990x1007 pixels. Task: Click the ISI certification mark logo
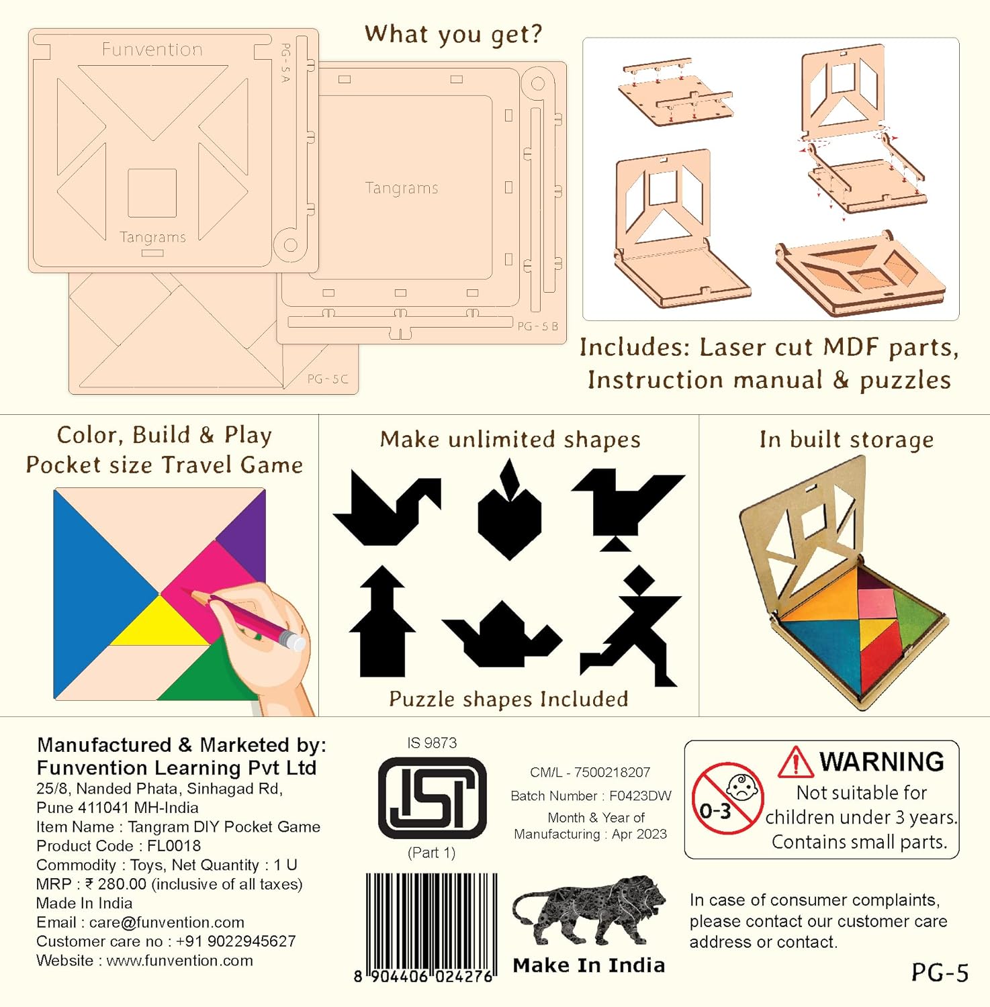[x=432, y=798]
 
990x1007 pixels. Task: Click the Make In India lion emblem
[x=589, y=913]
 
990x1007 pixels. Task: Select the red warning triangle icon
[x=796, y=762]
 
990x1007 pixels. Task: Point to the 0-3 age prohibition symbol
[x=727, y=798]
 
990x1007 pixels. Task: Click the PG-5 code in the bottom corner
[x=940, y=972]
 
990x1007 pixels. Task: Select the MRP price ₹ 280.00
[x=116, y=884]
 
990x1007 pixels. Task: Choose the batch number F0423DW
[x=640, y=796]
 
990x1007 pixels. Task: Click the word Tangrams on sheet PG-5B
[x=402, y=188]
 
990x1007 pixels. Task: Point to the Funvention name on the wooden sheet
[x=152, y=49]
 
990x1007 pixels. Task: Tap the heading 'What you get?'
[x=453, y=34]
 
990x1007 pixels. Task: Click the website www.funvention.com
[x=180, y=961]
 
